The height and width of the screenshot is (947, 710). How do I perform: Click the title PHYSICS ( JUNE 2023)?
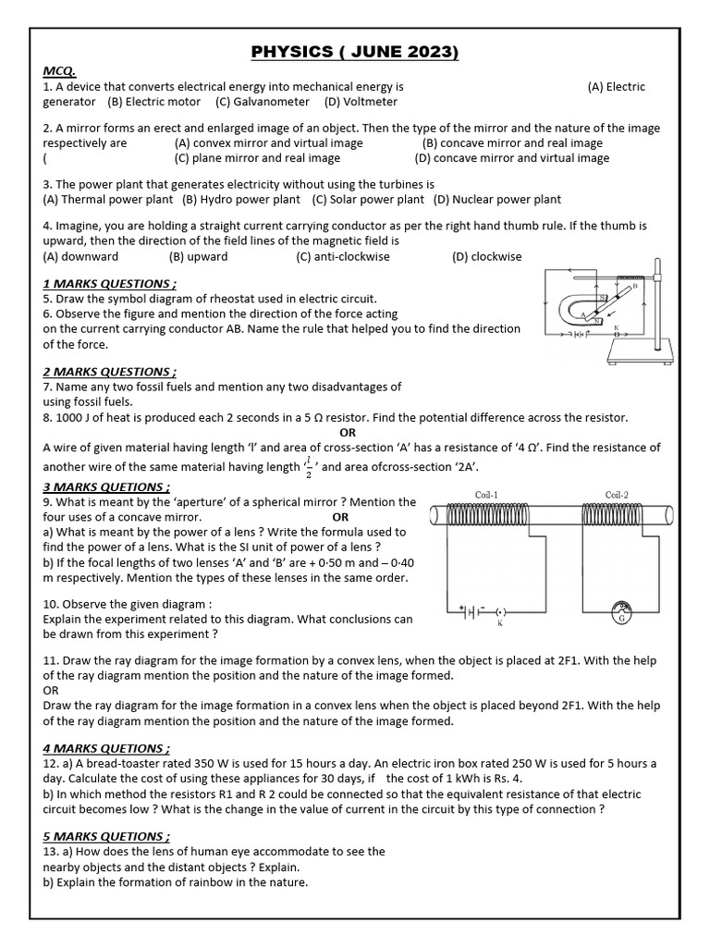point(355,53)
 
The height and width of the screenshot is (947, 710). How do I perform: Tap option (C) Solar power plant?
point(368,199)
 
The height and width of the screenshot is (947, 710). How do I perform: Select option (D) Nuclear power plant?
point(496,199)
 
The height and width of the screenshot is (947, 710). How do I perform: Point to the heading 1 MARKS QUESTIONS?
point(109,284)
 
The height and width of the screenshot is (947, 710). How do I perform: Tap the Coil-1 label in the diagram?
point(486,495)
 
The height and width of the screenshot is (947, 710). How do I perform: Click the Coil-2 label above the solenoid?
point(617,495)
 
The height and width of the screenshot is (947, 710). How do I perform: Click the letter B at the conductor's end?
point(634,287)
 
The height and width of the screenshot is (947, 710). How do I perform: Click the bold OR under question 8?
point(348,432)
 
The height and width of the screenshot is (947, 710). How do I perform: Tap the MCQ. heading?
point(60,71)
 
